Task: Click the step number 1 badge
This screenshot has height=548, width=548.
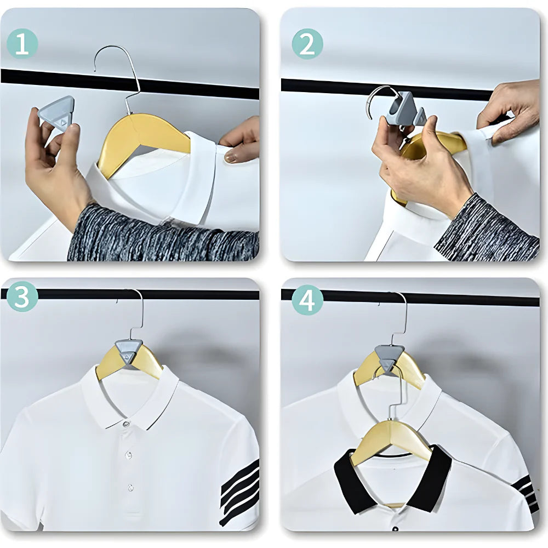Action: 22,44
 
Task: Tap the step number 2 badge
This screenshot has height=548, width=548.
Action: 307,44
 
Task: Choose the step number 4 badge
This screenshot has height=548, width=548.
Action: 307,301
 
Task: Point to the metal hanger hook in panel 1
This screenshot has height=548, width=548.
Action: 118,66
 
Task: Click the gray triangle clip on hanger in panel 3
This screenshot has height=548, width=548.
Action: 129,351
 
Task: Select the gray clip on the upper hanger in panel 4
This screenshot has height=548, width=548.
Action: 389,356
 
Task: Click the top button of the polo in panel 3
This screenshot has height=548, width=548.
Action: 127,424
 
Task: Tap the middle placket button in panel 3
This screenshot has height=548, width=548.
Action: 129,455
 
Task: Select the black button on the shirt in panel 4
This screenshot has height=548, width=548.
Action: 395,529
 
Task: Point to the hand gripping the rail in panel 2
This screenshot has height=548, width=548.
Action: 510,110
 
